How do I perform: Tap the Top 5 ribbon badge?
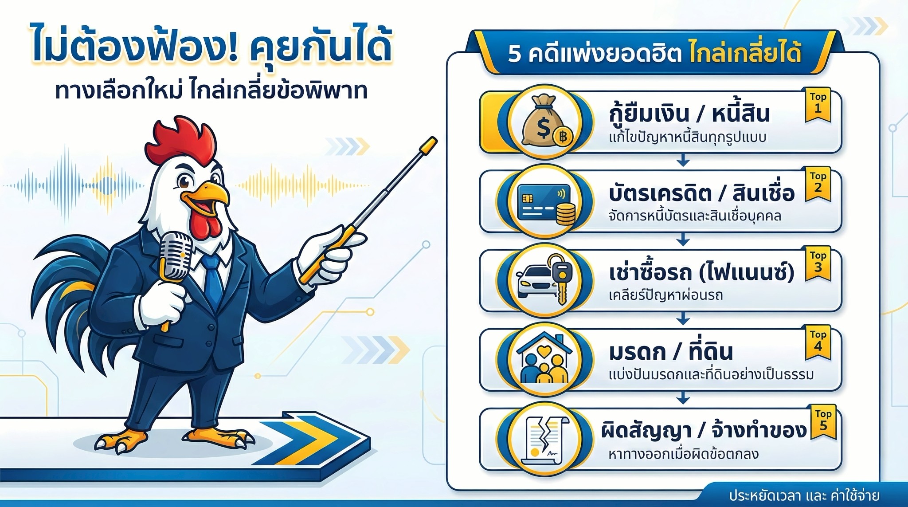point(823,422)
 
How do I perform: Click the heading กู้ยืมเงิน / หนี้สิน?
point(689,113)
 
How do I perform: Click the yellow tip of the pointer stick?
point(429,144)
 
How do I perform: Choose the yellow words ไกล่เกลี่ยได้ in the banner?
point(745,54)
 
